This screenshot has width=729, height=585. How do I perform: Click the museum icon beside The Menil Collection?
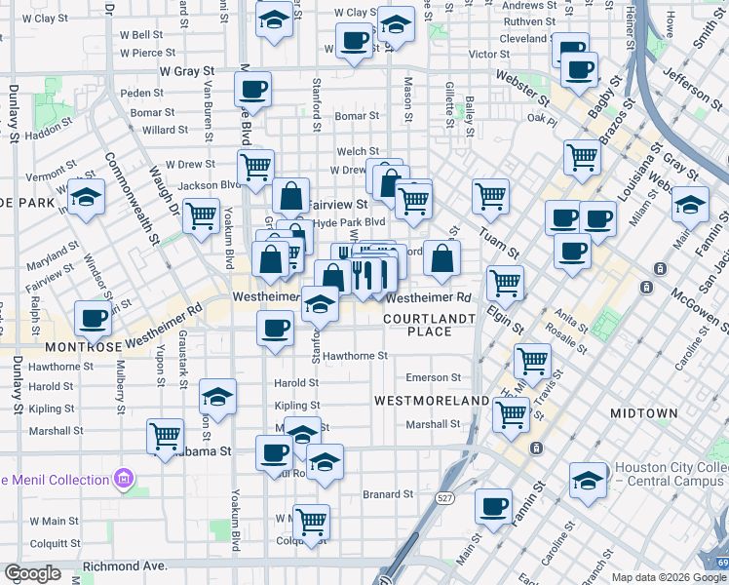point(124,480)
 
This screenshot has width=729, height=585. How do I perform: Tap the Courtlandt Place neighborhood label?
point(430,325)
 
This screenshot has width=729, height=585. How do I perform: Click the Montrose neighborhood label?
point(81,346)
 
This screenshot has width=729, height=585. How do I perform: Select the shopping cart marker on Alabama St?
point(166,434)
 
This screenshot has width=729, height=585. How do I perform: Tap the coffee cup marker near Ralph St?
point(95,317)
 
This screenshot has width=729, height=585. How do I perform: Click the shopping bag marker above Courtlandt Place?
point(442,257)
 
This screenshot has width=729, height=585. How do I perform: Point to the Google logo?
point(33,573)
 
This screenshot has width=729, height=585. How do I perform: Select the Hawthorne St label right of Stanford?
point(356,357)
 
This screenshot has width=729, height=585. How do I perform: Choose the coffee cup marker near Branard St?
point(493,505)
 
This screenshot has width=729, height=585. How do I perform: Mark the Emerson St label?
point(433,377)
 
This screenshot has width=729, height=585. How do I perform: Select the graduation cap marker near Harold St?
point(217,396)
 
